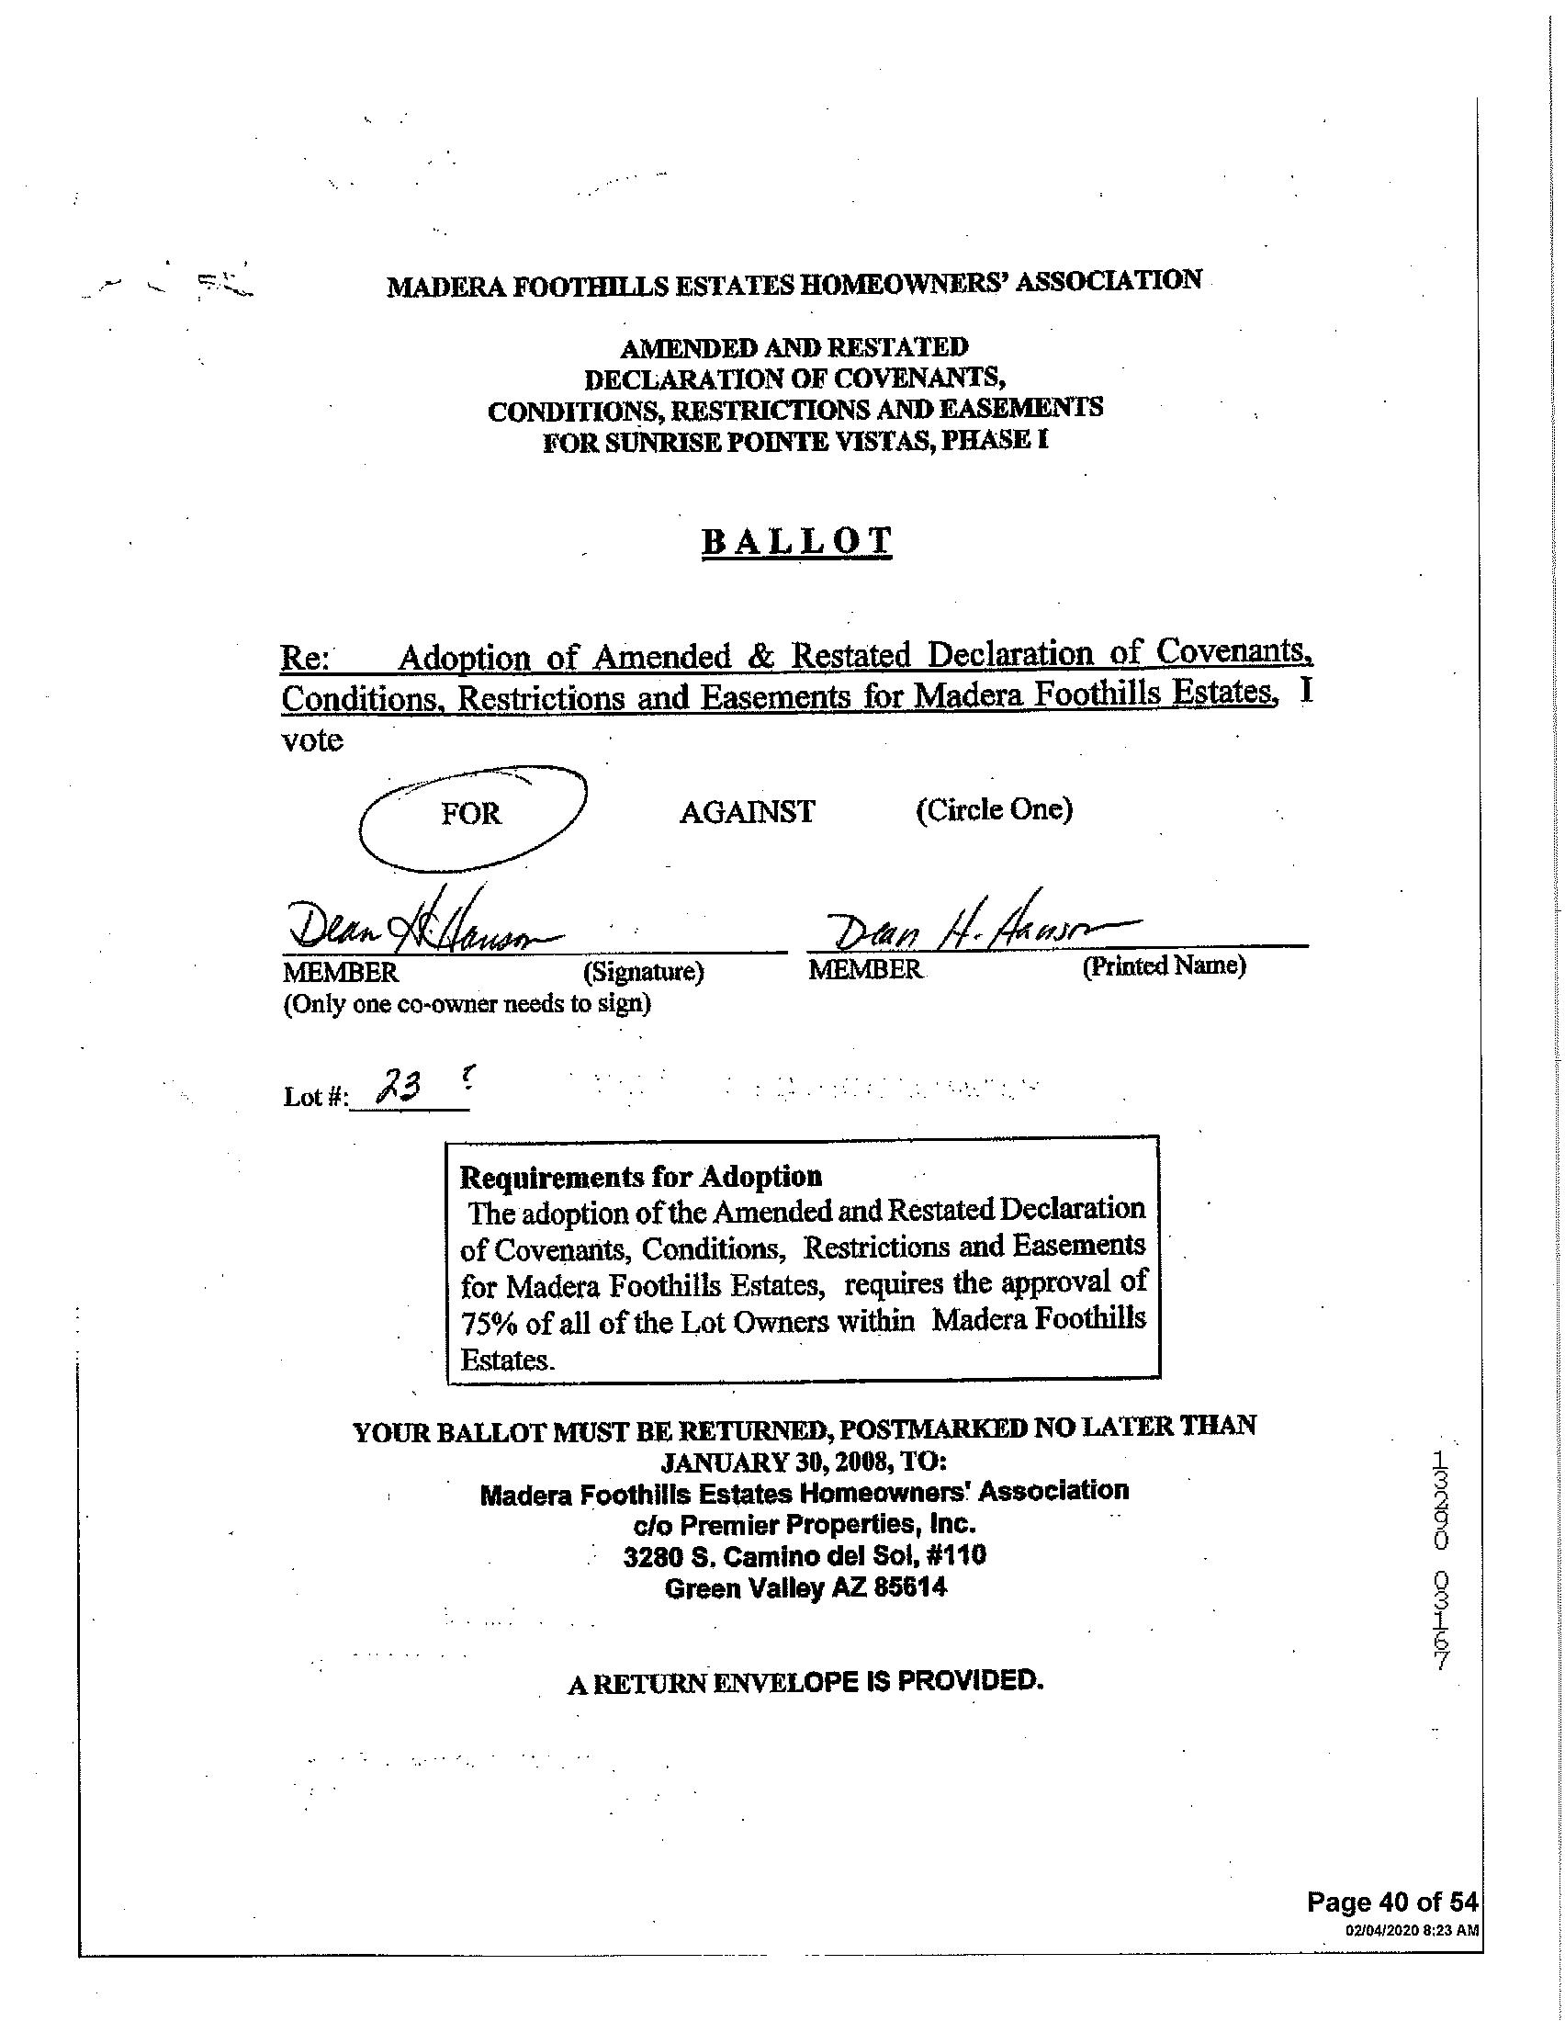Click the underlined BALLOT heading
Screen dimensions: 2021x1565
point(796,541)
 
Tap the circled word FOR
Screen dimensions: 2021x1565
point(471,813)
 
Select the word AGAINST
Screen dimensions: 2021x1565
point(748,812)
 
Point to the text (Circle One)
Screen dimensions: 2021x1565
point(995,809)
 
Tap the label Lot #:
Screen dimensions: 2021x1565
point(315,1099)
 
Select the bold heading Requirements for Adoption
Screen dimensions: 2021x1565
point(641,1177)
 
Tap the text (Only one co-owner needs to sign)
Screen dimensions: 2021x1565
point(467,1004)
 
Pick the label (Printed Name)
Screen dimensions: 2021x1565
point(1164,966)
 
